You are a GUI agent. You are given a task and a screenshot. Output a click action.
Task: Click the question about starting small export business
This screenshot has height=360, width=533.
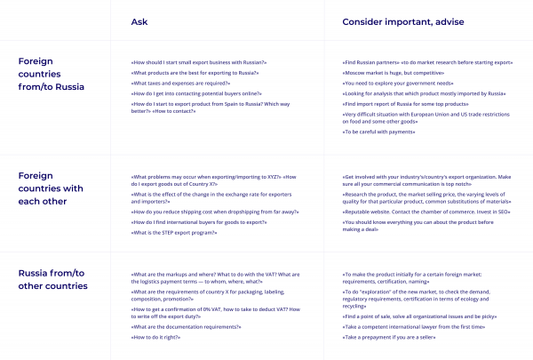199,61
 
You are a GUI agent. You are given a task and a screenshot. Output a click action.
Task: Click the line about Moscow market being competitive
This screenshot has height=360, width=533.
394,72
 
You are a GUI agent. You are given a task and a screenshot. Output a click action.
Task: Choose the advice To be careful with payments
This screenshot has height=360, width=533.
379,131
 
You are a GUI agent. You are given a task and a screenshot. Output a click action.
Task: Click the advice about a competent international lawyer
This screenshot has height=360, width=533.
413,328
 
